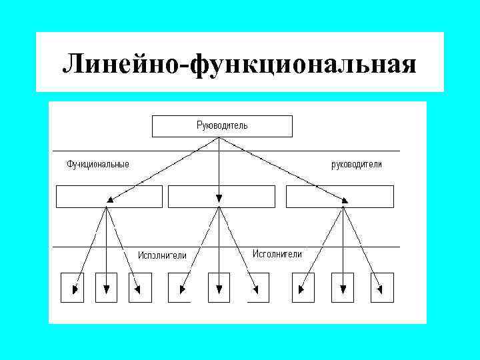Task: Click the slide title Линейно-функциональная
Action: coord(239,64)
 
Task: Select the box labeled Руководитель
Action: coord(222,126)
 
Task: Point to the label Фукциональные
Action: coord(97,164)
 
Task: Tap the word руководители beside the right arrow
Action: coord(357,164)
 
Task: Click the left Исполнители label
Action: coord(162,255)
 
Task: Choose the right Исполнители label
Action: coord(277,254)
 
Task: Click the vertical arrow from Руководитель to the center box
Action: coord(219,167)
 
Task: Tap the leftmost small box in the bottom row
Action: coord(72,288)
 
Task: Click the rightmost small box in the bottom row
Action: coord(382,288)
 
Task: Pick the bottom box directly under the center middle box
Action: coord(219,288)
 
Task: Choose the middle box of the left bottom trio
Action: coord(107,288)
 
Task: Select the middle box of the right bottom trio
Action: coord(343,288)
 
